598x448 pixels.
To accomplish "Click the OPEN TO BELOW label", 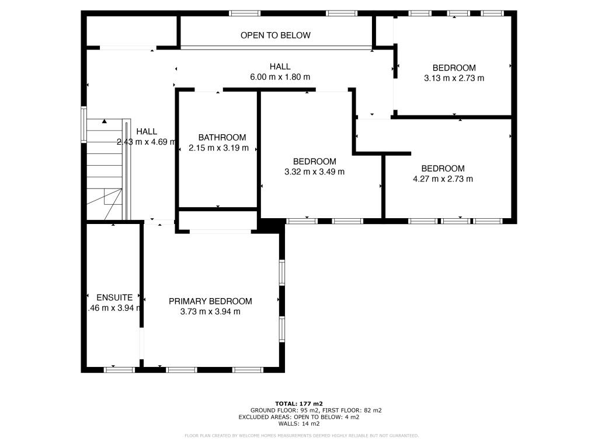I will point(276,35).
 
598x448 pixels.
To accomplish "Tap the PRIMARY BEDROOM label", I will point(210,301).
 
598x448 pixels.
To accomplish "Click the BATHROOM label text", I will point(221,137).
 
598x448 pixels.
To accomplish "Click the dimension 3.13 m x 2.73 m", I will point(454,78).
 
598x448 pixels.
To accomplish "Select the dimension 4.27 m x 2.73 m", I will point(443,179).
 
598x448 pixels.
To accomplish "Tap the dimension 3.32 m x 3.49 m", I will point(314,171).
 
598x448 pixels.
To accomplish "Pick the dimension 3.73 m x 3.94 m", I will point(210,311).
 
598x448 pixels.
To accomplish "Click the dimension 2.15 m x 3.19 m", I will point(218,148).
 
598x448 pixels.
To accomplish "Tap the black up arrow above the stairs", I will point(105,121).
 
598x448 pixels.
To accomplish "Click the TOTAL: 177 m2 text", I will point(298,403).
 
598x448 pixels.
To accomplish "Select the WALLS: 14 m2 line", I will point(298,424).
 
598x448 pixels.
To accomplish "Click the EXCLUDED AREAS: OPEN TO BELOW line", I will point(298,417).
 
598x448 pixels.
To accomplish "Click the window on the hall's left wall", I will point(84,124).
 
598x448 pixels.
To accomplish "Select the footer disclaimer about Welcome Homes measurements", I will point(301,436).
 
